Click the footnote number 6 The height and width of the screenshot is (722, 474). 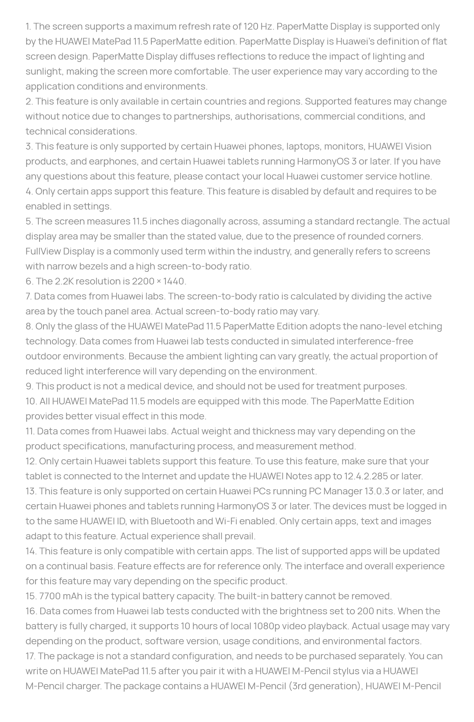29,281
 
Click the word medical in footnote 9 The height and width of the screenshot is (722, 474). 122,386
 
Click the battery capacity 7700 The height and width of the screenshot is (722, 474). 50,596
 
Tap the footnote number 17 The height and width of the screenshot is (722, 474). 30,656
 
